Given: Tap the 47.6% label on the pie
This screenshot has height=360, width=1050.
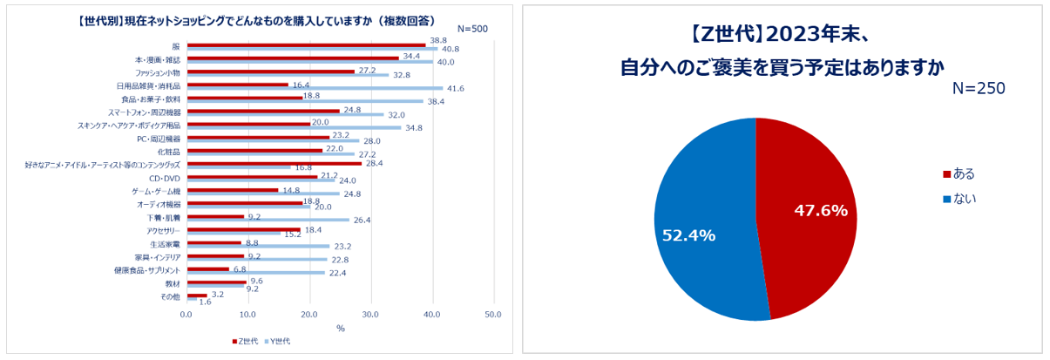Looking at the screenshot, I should (819, 210).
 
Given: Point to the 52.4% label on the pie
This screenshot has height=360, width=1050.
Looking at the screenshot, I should (688, 235).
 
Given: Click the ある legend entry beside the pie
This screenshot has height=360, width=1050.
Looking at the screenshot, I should (959, 173).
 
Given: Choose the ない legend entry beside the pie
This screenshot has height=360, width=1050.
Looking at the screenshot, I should (959, 199).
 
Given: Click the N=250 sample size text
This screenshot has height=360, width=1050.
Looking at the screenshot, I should (979, 89).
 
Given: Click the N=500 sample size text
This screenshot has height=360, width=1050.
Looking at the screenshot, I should (472, 29).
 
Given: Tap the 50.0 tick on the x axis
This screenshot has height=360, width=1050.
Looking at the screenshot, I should (492, 314).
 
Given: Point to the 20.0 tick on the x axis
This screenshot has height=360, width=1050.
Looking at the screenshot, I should (309, 314).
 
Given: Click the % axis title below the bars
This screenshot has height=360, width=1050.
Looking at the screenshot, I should (341, 329).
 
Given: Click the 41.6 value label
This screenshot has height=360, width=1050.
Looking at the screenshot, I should (455, 88).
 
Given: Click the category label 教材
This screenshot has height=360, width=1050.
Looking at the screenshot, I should (173, 284).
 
